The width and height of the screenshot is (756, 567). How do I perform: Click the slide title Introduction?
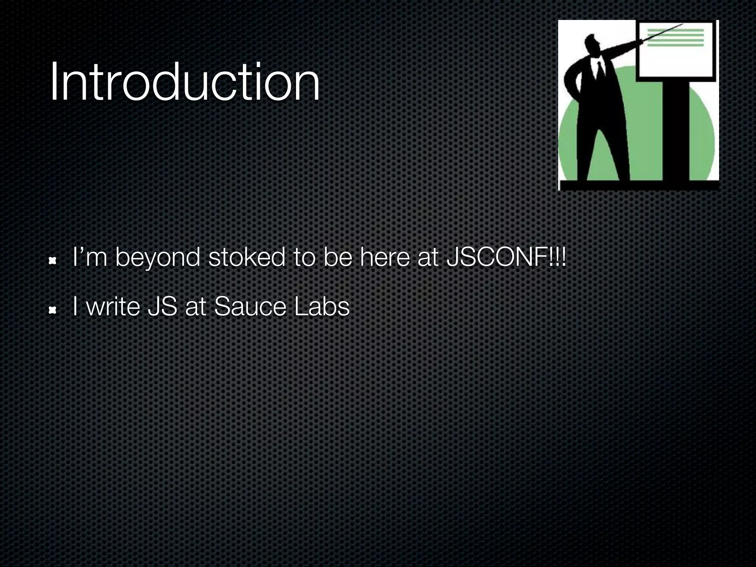pyautogui.click(x=185, y=82)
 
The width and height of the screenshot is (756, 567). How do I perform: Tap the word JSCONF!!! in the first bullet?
pyautogui.click(x=506, y=257)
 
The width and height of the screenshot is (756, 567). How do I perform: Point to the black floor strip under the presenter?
pyautogui.click(x=639, y=185)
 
